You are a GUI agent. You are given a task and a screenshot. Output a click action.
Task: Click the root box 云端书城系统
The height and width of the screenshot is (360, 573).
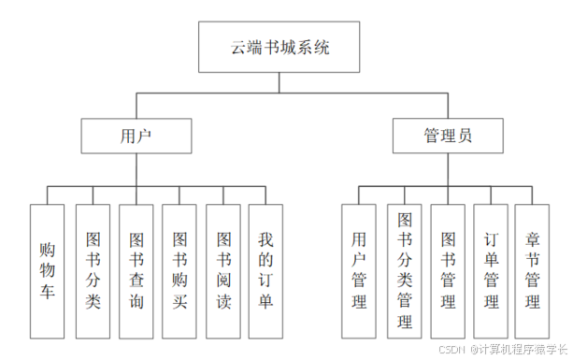click(x=279, y=47)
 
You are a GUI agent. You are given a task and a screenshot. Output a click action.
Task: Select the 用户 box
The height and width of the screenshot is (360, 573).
click(x=136, y=136)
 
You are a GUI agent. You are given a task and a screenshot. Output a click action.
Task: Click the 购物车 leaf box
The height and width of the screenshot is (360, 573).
click(x=47, y=271)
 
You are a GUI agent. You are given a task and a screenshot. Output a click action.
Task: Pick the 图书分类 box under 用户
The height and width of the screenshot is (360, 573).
click(x=93, y=271)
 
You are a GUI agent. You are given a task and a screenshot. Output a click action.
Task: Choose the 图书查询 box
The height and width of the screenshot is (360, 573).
click(x=136, y=271)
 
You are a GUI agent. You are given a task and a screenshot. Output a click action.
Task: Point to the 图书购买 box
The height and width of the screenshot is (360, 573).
click(x=180, y=271)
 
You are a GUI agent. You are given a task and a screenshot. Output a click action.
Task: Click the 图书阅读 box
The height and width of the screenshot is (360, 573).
click(x=224, y=271)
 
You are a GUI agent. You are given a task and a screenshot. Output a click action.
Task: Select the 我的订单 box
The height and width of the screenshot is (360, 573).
click(x=265, y=271)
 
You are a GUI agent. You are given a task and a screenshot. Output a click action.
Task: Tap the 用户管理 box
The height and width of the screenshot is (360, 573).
click(x=359, y=271)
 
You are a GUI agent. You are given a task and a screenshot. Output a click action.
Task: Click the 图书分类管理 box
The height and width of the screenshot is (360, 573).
click(x=405, y=271)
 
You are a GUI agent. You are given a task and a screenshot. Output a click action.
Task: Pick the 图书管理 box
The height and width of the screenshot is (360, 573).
click(x=448, y=271)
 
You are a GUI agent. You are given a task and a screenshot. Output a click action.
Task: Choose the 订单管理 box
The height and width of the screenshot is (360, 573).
click(x=491, y=271)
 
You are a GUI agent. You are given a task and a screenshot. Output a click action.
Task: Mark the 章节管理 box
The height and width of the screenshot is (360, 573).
click(x=533, y=271)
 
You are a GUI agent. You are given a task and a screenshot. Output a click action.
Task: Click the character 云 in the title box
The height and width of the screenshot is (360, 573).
click(x=238, y=47)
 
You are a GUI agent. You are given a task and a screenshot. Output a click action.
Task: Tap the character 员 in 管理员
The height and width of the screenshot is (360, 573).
click(x=465, y=136)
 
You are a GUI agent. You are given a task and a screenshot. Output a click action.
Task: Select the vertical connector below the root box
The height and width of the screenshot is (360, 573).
click(x=279, y=82)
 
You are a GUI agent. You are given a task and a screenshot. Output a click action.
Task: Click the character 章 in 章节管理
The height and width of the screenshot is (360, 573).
click(x=533, y=238)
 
